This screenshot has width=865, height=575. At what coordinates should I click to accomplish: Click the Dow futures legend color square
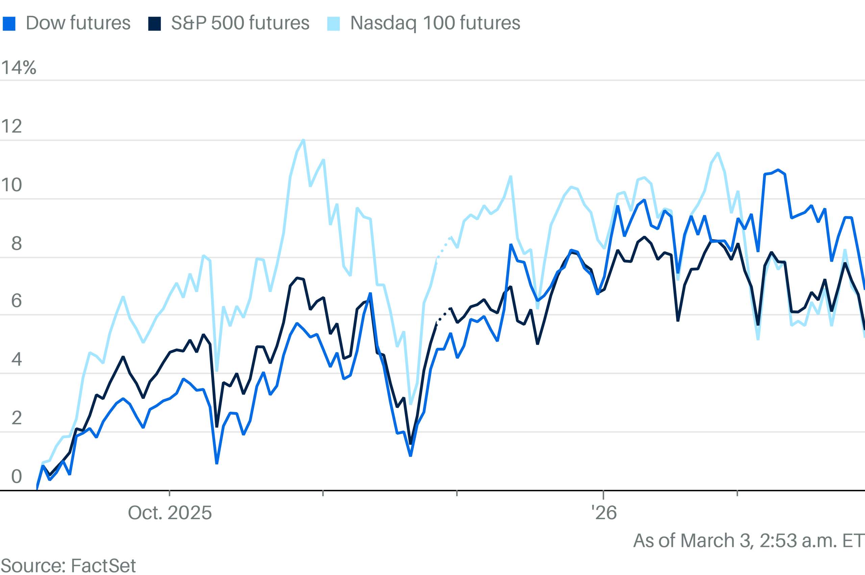(9, 24)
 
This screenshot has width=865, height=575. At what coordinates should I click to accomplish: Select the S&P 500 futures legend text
(240, 23)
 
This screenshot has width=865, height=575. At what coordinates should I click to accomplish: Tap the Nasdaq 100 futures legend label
(435, 23)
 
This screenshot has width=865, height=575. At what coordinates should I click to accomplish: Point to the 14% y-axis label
(19, 68)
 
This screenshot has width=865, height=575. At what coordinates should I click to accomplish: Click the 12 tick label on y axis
(11, 126)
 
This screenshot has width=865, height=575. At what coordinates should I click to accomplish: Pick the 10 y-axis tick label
(11, 185)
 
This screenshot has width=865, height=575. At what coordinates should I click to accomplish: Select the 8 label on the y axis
(17, 243)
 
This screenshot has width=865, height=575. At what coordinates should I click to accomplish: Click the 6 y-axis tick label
(17, 301)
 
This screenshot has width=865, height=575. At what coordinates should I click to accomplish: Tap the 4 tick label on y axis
(17, 359)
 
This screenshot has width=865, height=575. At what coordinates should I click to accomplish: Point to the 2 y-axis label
(17, 418)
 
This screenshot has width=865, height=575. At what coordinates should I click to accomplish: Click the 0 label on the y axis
(17, 477)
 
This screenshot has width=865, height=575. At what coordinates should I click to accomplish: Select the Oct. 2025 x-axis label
(170, 513)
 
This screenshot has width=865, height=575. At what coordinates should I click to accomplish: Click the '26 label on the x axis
(604, 513)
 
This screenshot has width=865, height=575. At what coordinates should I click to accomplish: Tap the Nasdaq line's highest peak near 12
(303, 140)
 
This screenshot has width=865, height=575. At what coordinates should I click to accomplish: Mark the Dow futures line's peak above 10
(778, 170)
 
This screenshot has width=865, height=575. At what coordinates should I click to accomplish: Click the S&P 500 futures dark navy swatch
(154, 24)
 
